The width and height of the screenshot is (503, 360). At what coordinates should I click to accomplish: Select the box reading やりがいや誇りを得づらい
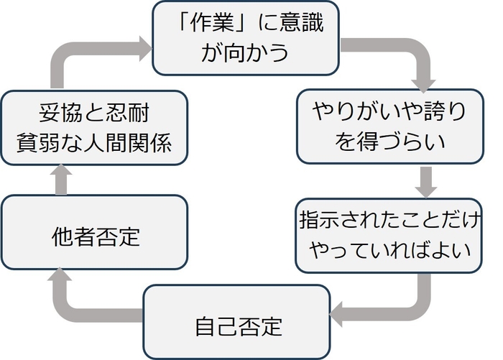[x=389, y=126]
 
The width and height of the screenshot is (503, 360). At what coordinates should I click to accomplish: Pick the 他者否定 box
[x=96, y=233]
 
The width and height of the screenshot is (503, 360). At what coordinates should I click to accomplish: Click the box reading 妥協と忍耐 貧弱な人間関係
[x=96, y=126]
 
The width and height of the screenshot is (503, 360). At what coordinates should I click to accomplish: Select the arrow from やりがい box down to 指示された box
[x=427, y=182]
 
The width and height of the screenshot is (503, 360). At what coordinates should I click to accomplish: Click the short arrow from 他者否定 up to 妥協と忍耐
[x=62, y=179]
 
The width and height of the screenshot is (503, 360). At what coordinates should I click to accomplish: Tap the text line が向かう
[x=245, y=54]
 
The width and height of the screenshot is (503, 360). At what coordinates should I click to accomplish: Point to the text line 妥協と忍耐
[x=94, y=114]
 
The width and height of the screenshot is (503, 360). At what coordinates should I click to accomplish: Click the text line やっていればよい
[x=389, y=251]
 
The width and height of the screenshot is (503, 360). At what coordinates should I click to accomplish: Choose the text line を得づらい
[x=389, y=141]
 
